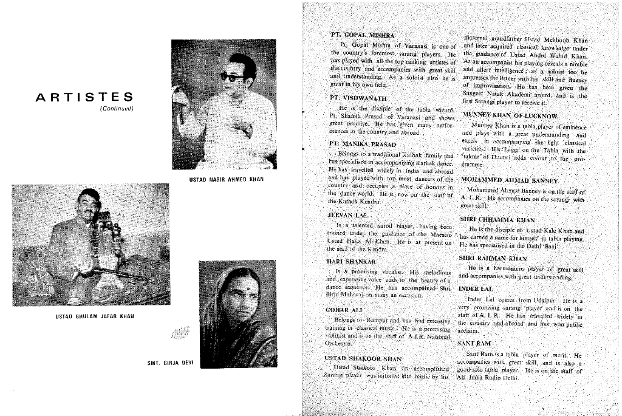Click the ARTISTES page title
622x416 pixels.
click(x=84, y=97)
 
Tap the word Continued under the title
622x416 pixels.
click(x=117, y=109)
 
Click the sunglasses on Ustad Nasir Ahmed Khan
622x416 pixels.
click(x=231, y=77)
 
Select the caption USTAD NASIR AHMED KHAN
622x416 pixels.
click(x=224, y=180)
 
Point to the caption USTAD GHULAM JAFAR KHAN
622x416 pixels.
click(x=95, y=316)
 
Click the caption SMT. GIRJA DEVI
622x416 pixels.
click(x=169, y=363)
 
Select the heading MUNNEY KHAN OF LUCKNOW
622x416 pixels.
click(x=510, y=115)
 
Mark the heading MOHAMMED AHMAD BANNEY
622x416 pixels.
click(x=509, y=180)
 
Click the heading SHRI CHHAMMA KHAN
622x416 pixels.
click(x=497, y=220)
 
